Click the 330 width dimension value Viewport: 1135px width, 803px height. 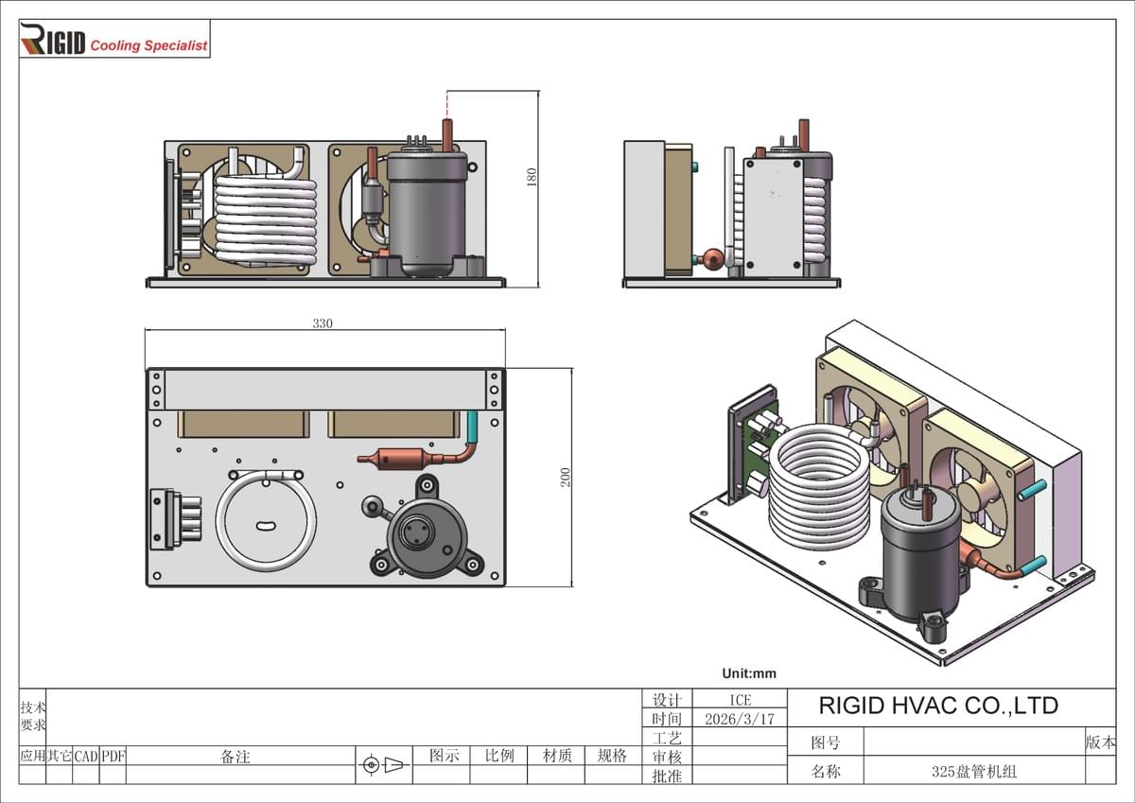coord(323,323)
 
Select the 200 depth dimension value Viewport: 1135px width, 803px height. coord(566,478)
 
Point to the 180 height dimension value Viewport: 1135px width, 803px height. coord(532,177)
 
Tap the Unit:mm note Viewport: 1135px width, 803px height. coord(748,673)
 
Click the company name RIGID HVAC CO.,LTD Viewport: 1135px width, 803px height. coord(937,706)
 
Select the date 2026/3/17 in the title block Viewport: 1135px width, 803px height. coord(740,719)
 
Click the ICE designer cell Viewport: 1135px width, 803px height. coord(740,700)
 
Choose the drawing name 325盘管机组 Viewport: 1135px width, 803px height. coord(973,772)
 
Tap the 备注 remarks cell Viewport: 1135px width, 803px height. coord(236,757)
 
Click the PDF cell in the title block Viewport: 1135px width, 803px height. coord(113,757)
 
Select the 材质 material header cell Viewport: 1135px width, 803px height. coord(557,756)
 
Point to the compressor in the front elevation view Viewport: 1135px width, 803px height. coord(427,213)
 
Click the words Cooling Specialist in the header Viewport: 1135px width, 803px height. coord(148,45)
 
